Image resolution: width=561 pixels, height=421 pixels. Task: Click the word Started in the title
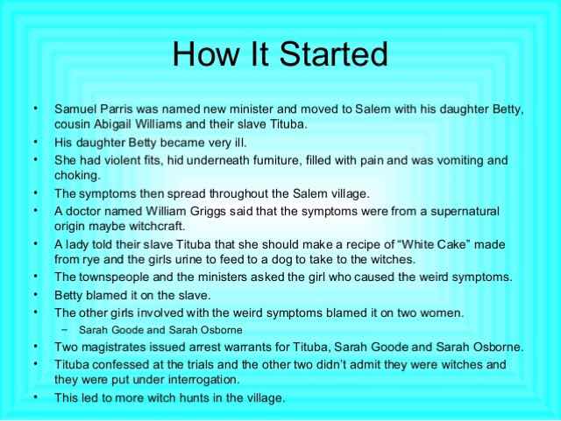333,53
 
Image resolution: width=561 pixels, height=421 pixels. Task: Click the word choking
77,175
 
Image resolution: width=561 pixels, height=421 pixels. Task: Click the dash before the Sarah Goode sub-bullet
64,329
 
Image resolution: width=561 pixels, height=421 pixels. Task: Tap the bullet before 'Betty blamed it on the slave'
35,295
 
